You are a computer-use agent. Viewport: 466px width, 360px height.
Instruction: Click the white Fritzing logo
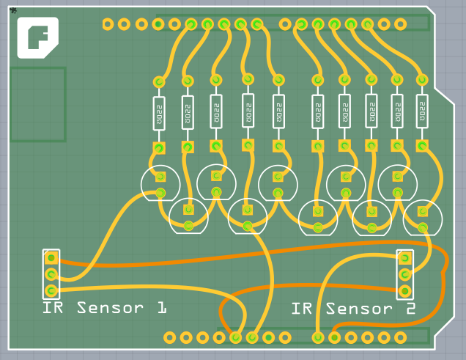(x=38, y=37)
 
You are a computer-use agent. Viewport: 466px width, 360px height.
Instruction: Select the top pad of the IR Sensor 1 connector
(x=51, y=258)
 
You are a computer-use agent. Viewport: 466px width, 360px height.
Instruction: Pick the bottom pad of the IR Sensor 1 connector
(x=51, y=291)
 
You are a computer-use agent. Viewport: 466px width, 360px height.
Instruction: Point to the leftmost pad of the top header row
(x=108, y=24)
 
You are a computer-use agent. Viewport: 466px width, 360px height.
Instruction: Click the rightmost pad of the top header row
(x=400, y=24)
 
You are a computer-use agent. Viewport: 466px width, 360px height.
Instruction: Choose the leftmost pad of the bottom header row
(x=170, y=337)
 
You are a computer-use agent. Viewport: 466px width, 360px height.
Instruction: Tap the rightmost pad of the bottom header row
(x=400, y=337)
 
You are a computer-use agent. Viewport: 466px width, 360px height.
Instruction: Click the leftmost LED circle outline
(x=160, y=183)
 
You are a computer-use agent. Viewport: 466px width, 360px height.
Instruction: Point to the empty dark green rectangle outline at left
(x=37, y=104)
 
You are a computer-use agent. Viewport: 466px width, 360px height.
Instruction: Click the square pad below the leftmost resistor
(x=158, y=148)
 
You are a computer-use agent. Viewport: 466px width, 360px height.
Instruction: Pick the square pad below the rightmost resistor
(x=422, y=145)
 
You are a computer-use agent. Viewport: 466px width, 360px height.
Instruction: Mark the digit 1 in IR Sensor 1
(x=160, y=308)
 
